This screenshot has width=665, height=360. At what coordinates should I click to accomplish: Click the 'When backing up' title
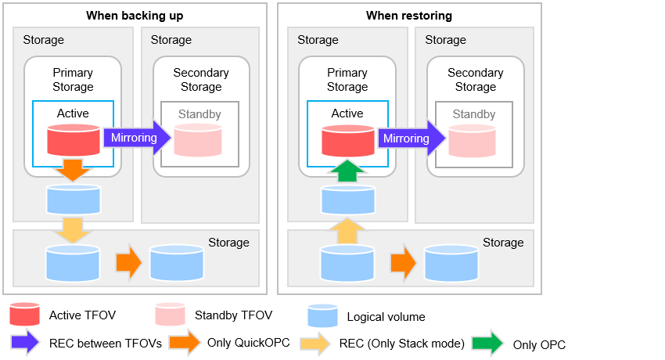pos(135,16)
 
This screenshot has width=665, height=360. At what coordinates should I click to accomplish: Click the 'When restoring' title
pos(409,16)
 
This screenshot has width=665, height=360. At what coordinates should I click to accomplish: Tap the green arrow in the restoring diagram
pos(347,171)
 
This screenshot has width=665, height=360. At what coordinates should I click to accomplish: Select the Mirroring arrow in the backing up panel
pos(137,138)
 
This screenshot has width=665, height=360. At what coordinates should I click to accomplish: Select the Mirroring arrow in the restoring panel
pos(412,138)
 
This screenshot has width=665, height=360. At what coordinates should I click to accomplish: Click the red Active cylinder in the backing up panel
pos(74,140)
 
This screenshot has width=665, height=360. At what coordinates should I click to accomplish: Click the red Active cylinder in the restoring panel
pos(348,141)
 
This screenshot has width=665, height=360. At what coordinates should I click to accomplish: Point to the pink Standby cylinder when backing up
pos(198,140)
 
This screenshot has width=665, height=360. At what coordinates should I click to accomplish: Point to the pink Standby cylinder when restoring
pos(472,141)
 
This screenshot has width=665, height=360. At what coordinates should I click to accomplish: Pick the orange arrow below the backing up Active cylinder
pos(73,170)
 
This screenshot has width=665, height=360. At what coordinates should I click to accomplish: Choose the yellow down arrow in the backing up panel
pos(73,231)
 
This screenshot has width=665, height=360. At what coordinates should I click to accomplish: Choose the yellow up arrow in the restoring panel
pos(347,231)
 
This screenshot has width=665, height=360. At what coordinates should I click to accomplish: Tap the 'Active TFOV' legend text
pos(82,315)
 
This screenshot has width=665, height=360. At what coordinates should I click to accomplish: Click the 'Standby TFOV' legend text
pos(233,315)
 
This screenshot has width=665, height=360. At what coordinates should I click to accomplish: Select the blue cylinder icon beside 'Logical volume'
pos(323,316)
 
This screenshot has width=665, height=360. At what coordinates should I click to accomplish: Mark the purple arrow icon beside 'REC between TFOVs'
pos(26,342)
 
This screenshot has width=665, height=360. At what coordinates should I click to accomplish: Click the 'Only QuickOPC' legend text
pos(249,343)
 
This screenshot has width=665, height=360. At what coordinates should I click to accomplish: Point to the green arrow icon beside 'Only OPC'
pos(487,343)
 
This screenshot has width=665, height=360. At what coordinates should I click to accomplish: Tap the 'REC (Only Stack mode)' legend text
pos(401,344)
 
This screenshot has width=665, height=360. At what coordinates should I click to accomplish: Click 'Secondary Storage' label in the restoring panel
pos(476,80)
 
